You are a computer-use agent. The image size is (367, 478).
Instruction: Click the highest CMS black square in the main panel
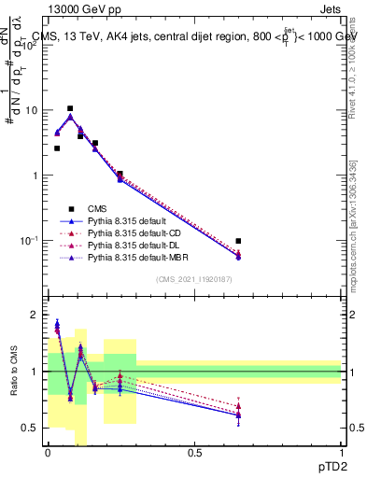click(x=70, y=108)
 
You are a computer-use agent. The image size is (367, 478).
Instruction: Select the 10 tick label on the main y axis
click(x=32, y=110)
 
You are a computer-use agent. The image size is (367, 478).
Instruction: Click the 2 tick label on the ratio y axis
click(x=36, y=315)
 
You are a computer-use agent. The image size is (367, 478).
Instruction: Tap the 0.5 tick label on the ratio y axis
click(x=32, y=428)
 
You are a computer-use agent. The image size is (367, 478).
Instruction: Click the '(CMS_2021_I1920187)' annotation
click(x=194, y=279)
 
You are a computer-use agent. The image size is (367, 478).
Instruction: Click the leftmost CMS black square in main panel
click(x=57, y=148)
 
